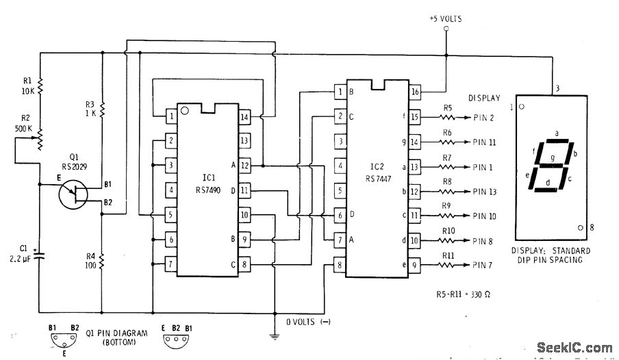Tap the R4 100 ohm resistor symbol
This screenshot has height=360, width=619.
pyautogui.click(x=101, y=261)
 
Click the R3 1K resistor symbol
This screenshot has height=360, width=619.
pyautogui.click(x=101, y=110)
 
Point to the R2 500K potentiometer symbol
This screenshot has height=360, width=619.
pyautogui.click(x=39, y=139)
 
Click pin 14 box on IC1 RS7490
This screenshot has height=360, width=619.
pyautogui.click(x=244, y=116)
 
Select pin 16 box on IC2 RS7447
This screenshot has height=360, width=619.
pyautogui.click(x=416, y=92)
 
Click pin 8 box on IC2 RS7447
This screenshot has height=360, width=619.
pyautogui.click(x=338, y=263)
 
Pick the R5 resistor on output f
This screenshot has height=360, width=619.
pyautogui.click(x=447, y=117)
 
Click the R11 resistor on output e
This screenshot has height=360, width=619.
pyautogui.click(x=447, y=263)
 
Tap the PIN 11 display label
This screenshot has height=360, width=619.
pyautogui.click(x=488, y=142)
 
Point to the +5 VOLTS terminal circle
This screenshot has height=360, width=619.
pyautogui.click(x=446, y=29)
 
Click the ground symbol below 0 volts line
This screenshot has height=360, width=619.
pyautogui.click(x=275, y=335)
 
